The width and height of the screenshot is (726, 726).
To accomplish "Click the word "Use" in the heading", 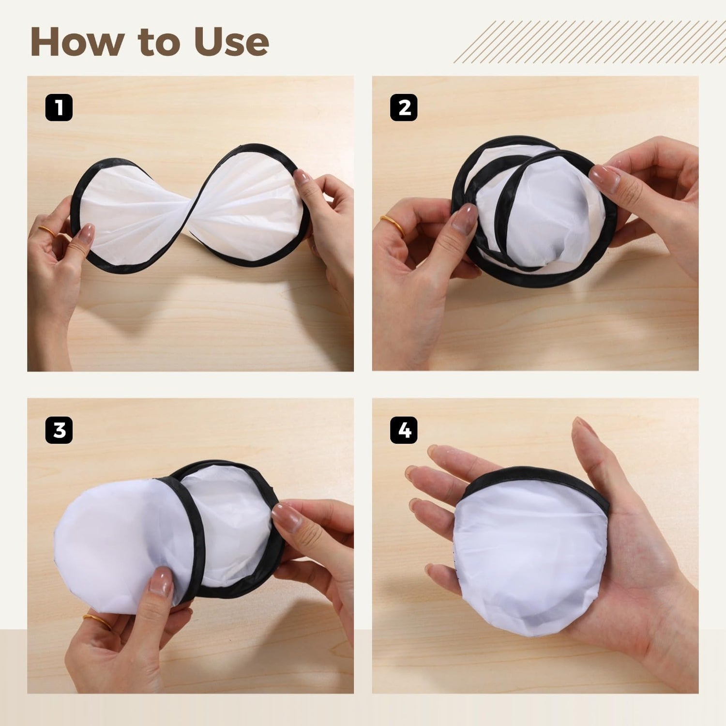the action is [x=231, y=42].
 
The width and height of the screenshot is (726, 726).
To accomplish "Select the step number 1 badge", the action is [x=59, y=107].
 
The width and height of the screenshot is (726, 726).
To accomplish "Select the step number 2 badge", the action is [x=404, y=107].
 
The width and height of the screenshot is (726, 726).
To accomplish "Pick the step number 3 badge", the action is [x=59, y=430].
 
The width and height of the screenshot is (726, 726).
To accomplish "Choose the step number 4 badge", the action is [x=404, y=430].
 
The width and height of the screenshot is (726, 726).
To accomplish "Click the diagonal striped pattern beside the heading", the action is [x=589, y=42].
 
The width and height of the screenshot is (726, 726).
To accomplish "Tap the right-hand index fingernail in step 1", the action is [x=302, y=177].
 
